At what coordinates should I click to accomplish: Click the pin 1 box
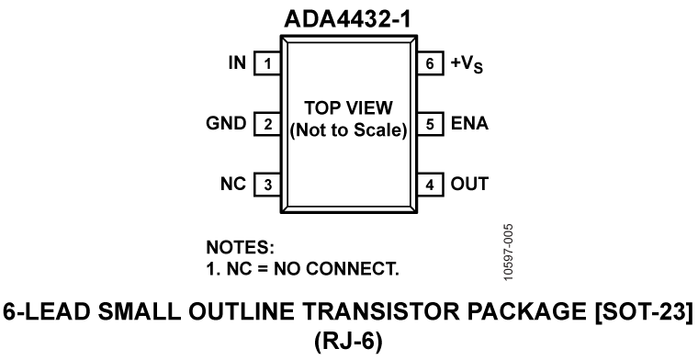coord(266,64)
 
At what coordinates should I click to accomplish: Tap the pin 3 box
coord(266,184)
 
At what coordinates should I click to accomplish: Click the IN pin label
coord(237,64)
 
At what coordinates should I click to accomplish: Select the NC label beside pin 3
coord(235,184)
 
